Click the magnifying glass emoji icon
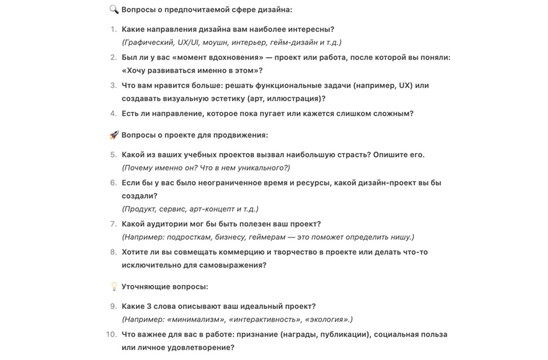(x=114, y=10)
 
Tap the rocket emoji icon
(x=114, y=135)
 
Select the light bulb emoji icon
(x=114, y=287)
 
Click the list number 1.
(x=113, y=29)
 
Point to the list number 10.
(x=111, y=334)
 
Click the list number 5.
(x=113, y=155)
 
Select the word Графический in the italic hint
(x=149, y=43)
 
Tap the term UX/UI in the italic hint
(x=188, y=43)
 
